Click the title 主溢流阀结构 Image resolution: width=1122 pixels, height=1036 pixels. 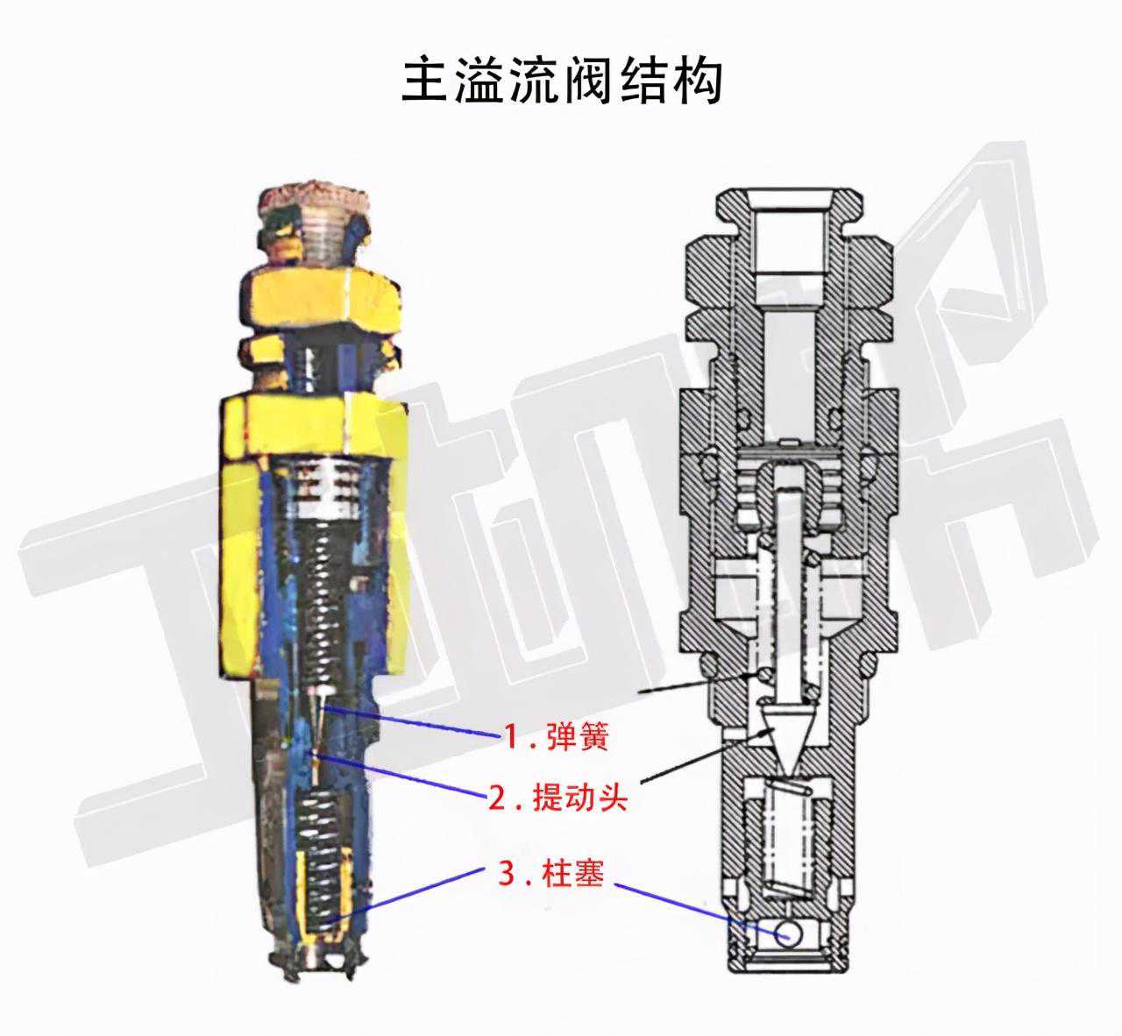562,80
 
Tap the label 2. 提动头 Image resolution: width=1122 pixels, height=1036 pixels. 557,798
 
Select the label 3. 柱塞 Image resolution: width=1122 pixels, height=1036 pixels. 550,873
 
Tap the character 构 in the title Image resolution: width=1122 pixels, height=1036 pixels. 699,81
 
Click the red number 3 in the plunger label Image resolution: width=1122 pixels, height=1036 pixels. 507,873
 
